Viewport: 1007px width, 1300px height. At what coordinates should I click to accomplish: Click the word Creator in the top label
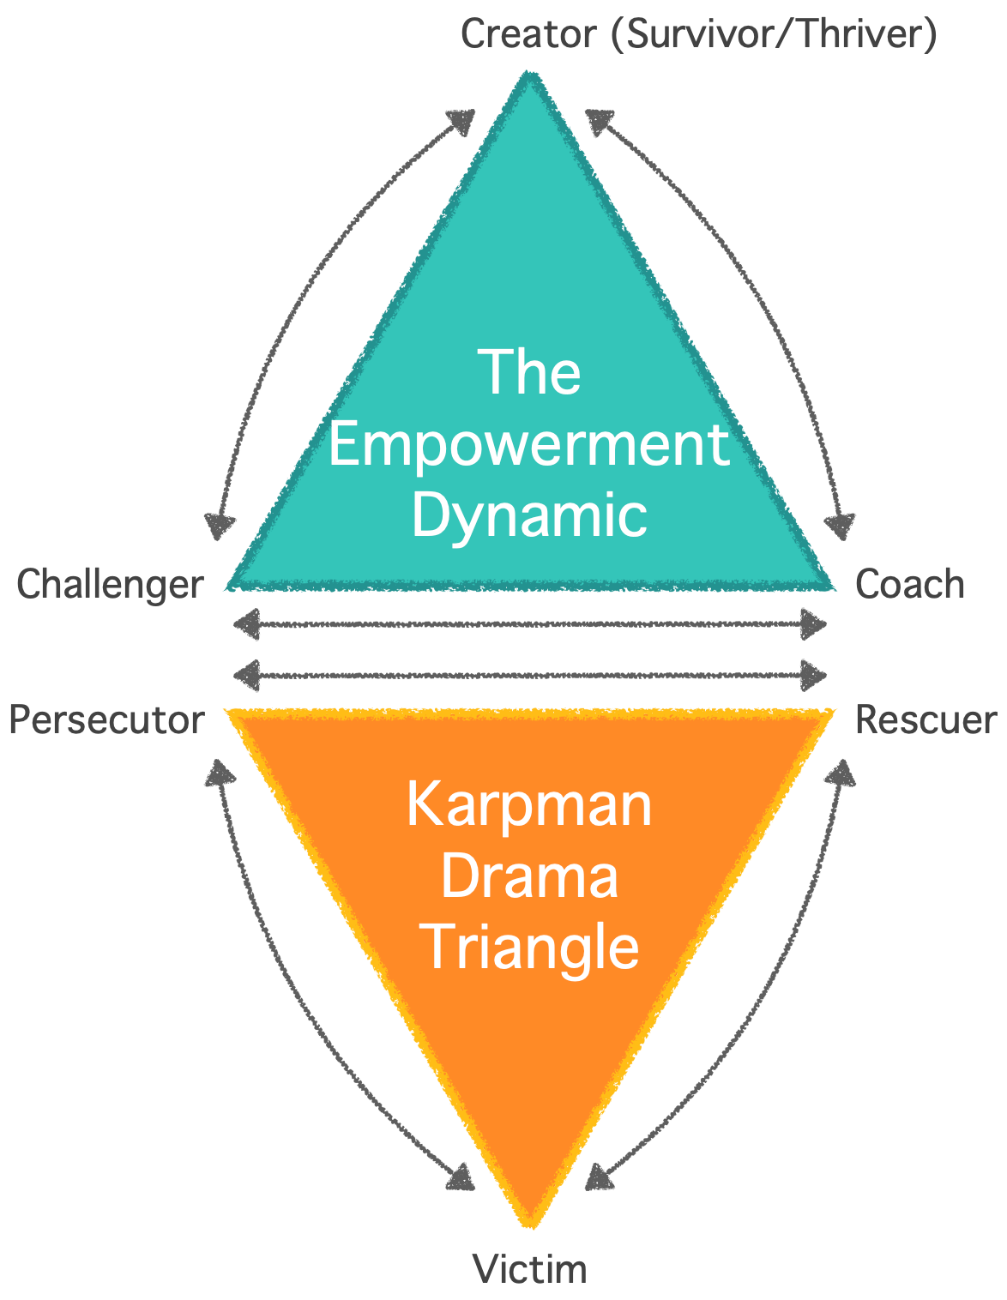tap(528, 35)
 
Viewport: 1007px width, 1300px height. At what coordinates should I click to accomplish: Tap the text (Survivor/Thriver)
tap(773, 35)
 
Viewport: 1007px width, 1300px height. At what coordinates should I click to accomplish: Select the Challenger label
tap(110, 585)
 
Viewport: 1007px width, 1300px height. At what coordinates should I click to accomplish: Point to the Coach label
tap(909, 585)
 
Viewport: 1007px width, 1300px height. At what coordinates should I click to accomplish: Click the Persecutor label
tap(106, 720)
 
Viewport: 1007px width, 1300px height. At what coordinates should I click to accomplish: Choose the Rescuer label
tap(926, 720)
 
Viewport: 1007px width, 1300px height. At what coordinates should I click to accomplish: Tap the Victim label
tap(529, 1269)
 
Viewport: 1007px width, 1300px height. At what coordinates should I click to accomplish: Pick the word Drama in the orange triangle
tap(529, 876)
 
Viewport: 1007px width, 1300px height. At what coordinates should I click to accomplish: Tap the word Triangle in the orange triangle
tap(533, 948)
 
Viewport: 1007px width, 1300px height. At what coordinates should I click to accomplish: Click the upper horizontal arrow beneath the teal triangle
tap(529, 624)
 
